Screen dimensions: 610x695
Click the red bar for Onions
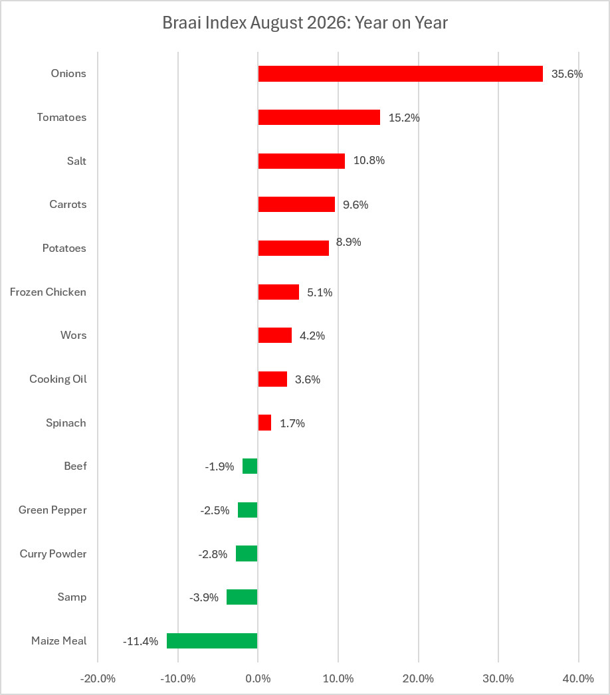coord(400,74)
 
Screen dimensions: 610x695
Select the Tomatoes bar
coord(319,118)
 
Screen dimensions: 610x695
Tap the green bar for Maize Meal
coord(212,641)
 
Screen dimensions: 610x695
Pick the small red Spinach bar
coord(264,423)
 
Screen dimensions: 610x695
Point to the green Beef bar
coord(250,466)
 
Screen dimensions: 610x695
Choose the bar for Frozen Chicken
coord(279,292)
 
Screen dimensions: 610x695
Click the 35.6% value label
coord(567,74)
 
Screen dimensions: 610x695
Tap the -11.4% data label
coord(140,641)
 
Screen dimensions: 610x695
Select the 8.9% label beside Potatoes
coord(348,242)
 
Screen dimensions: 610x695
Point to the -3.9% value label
coord(204,597)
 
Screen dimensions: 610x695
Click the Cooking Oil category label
coord(58,379)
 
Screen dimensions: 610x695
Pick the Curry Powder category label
coord(53,553)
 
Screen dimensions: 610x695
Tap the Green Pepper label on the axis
coord(52,510)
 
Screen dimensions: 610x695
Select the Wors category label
coord(74,335)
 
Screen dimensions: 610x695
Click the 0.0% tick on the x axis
coord(258,678)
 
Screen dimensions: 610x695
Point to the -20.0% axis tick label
coord(98,678)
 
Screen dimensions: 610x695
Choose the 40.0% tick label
coord(579,678)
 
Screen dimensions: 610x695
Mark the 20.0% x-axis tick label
coord(418,678)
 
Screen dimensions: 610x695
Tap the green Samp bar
coord(242,597)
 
